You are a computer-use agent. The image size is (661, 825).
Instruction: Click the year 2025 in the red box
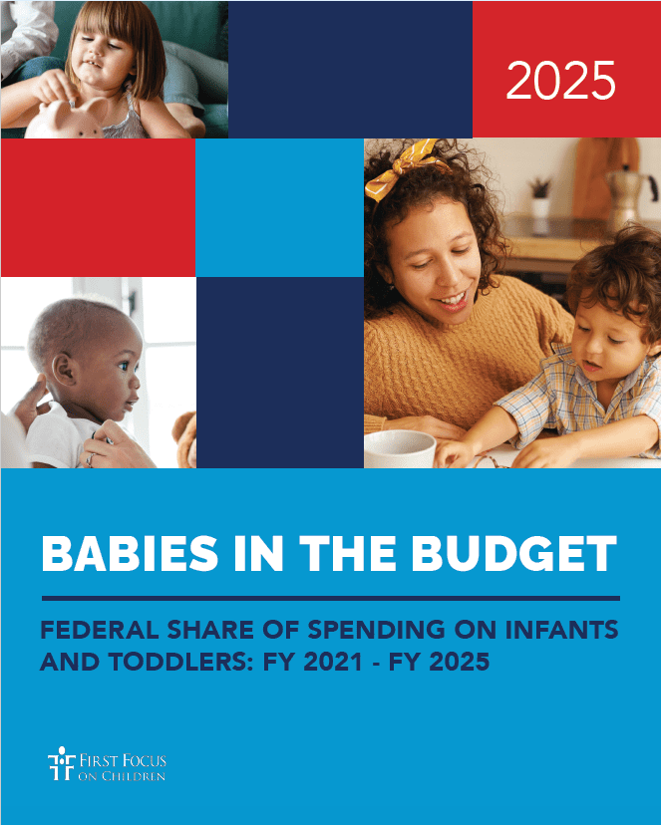560,80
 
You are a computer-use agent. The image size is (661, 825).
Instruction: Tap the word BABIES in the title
130,554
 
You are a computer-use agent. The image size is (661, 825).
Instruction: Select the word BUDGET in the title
513,554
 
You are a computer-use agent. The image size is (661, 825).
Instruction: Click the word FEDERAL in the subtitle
100,630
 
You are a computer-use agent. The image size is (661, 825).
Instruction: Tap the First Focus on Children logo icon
61,763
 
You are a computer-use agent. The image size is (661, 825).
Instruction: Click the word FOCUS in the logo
144,760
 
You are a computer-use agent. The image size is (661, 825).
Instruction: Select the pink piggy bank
66,119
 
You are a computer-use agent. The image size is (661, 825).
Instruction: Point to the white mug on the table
400,448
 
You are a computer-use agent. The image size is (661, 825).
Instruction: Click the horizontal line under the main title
331,598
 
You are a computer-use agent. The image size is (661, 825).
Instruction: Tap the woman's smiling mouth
452,301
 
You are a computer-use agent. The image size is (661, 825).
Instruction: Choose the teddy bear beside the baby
185,439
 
